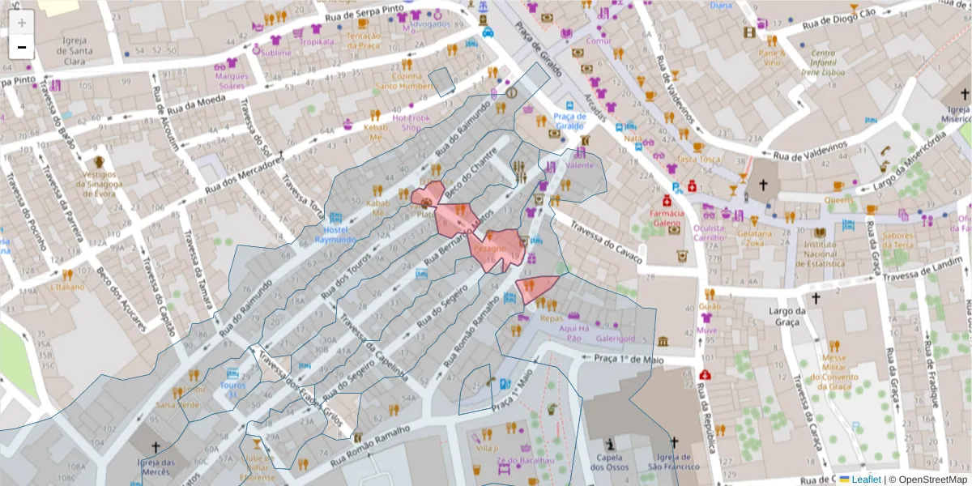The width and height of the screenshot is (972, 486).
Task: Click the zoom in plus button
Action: [22, 23]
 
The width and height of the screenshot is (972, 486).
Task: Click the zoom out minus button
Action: [22, 47]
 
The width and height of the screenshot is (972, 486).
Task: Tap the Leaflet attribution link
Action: [865, 480]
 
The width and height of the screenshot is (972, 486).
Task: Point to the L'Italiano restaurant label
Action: [67, 287]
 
